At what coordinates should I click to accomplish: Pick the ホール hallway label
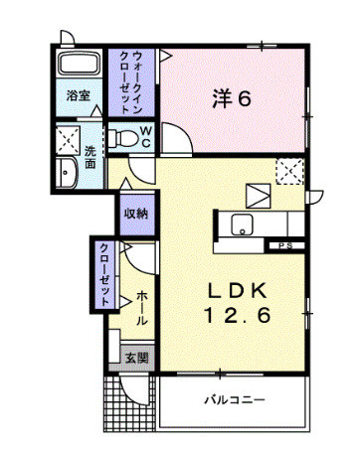pos(141,309)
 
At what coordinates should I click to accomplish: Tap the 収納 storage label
pos(136,213)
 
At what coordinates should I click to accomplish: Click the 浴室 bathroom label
pos(79,96)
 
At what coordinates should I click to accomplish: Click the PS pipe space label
pos(284,244)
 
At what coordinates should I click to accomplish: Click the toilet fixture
pos(122,136)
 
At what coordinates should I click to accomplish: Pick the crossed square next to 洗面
pos(69,137)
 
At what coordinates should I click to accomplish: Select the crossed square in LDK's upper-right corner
pos(289,171)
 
